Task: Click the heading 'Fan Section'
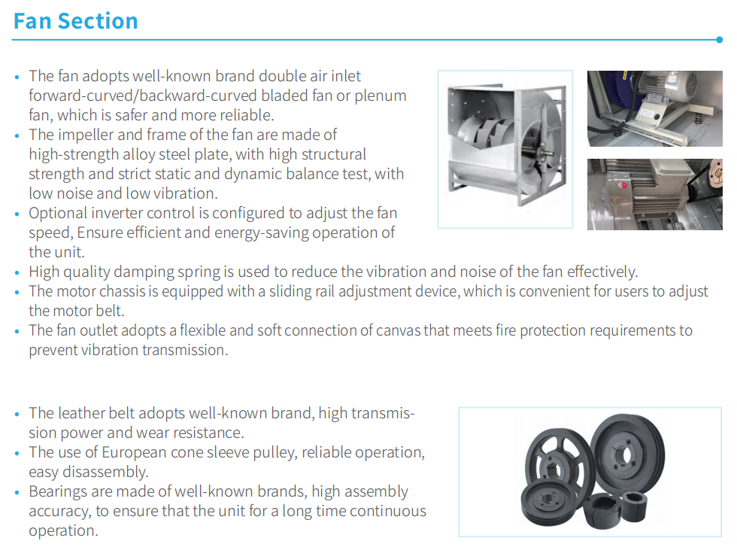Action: (x=76, y=21)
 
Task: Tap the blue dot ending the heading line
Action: (x=719, y=40)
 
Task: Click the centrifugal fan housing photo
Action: (x=505, y=149)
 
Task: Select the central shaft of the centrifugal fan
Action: (x=545, y=152)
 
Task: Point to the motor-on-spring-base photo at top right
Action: (x=655, y=108)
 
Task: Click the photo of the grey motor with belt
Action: (x=655, y=194)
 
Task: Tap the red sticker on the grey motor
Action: (x=623, y=184)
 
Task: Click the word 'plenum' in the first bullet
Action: (x=381, y=96)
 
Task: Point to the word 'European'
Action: (x=134, y=453)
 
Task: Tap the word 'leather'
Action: (x=81, y=413)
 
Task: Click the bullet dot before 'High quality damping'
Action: (x=17, y=272)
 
